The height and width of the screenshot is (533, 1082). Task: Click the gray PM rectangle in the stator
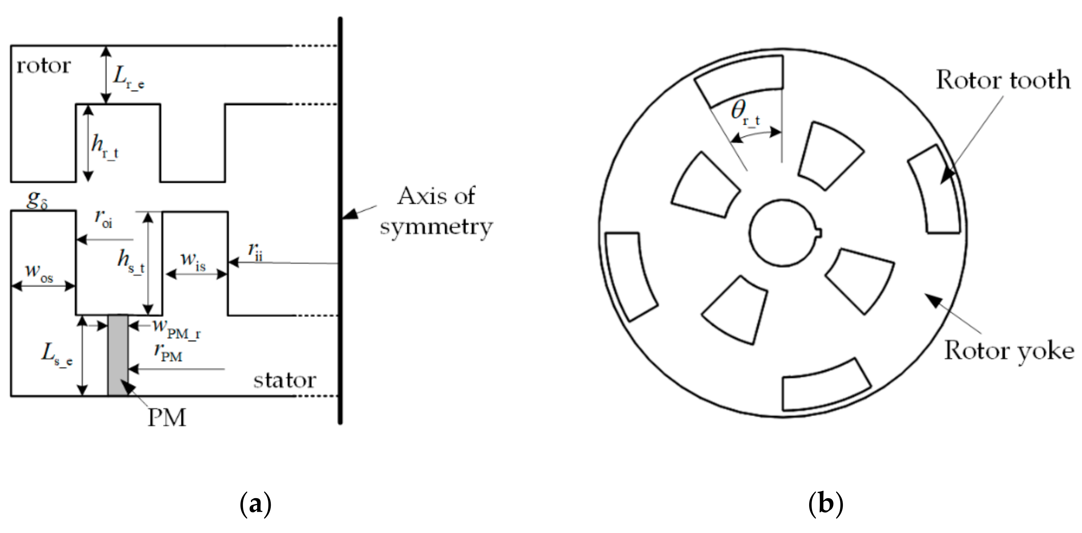pyautogui.click(x=118, y=355)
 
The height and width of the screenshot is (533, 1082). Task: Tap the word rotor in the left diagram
pyautogui.click(x=43, y=66)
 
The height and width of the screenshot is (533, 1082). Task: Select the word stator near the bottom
pyautogui.click(x=284, y=381)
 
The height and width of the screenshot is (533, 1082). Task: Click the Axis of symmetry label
pyautogui.click(x=436, y=211)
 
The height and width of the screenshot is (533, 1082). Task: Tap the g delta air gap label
pyautogui.click(x=37, y=200)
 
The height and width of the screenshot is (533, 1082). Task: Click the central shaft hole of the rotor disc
pyautogui.click(x=782, y=233)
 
